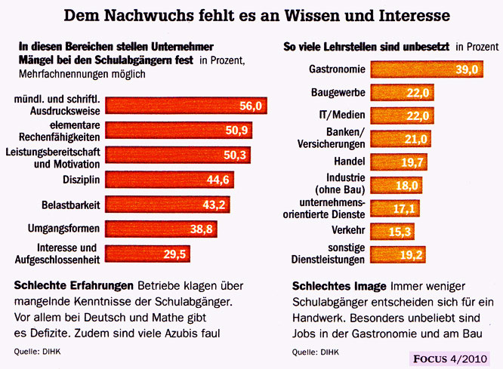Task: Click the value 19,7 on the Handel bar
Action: click(x=410, y=162)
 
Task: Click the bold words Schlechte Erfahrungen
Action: click(x=73, y=286)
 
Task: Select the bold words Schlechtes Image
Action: click(x=338, y=286)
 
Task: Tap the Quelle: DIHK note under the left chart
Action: click(x=36, y=352)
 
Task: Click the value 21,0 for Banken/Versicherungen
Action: click(x=415, y=139)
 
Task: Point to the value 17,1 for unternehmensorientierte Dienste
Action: click(x=404, y=208)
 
